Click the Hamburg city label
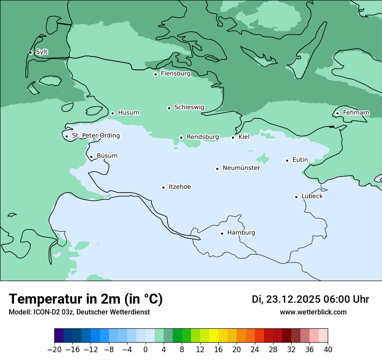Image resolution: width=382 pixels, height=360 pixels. tap(241, 232)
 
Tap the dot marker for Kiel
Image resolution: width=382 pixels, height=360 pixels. tap(233, 137)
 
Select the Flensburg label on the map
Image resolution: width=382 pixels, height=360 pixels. tap(175, 74)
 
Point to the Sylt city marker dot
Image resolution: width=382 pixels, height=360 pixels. tap(30, 52)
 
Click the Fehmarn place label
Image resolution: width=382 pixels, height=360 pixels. tap(356, 113)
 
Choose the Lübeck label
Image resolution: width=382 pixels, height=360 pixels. tap(312, 196)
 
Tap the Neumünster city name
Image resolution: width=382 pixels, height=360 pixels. tap(241, 168)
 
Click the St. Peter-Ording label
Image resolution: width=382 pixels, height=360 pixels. tap(95, 136)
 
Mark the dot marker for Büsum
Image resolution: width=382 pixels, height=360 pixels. tap(91, 157)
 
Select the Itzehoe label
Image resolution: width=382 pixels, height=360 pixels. tap(180, 187)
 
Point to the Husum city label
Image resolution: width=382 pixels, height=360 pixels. tap(128, 113)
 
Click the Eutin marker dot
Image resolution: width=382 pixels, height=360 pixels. tap(287, 160)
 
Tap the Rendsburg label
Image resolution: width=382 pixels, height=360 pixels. tap(203, 137)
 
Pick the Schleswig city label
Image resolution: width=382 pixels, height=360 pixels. tap(189, 107)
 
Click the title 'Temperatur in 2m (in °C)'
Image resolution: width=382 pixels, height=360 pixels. tap(86, 299)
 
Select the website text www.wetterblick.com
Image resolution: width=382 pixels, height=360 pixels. tap(313, 312)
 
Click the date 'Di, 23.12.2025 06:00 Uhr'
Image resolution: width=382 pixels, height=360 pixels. tap(310, 299)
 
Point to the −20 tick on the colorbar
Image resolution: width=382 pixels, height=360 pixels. tap(55, 350)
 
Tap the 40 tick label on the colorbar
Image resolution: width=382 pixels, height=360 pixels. tap(328, 350)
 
